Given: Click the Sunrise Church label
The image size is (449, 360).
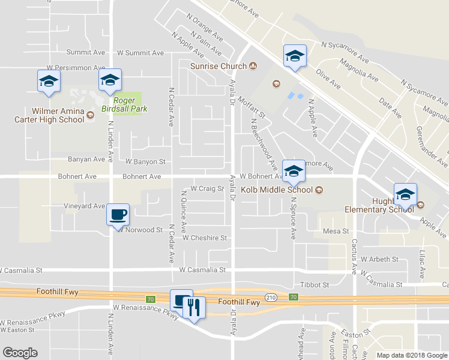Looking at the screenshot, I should coord(218,66).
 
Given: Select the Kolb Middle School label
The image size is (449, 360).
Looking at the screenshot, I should coord(277,190).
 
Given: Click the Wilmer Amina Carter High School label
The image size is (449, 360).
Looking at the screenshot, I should coord(49,115).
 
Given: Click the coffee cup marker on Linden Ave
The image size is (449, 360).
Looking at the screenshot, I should coord(118,214).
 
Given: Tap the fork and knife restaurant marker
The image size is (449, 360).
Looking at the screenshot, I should coord(193,307).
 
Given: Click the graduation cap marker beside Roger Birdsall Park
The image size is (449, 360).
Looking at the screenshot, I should coord(110,80).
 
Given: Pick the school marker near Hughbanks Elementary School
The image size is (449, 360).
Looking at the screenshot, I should coord(405,194).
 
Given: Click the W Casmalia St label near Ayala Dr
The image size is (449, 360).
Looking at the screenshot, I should coord(202,270).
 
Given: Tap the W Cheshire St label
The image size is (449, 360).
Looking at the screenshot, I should coord(205,238).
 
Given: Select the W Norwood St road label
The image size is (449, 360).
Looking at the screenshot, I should coord(140,229).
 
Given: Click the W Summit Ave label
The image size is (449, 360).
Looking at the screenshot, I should coord(140,53).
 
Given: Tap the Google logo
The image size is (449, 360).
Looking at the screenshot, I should coord(20,353).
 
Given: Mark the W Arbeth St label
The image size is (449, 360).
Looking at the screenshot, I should coord(379,259).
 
